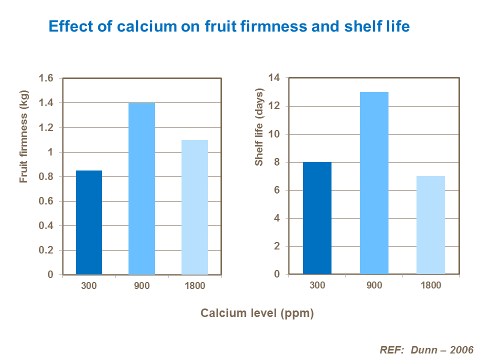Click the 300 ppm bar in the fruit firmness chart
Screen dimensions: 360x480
click(x=89, y=222)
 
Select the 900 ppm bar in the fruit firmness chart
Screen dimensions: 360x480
click(x=141, y=188)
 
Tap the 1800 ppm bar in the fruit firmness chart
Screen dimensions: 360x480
click(x=194, y=207)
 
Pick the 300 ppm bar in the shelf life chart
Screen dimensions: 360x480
click(x=317, y=218)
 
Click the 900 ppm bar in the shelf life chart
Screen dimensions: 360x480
click(x=374, y=183)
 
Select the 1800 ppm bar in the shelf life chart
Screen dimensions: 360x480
click(x=431, y=225)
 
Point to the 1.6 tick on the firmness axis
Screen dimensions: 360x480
click(x=46, y=78)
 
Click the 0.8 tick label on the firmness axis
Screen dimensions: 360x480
click(x=46, y=176)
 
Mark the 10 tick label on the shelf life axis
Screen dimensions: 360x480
click(x=274, y=134)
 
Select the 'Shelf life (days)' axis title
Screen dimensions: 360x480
click(x=259, y=127)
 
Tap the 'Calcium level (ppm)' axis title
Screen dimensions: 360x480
click(x=257, y=313)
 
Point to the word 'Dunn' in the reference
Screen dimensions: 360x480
click(x=423, y=349)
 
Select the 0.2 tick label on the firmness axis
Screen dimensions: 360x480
click(x=46, y=250)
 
